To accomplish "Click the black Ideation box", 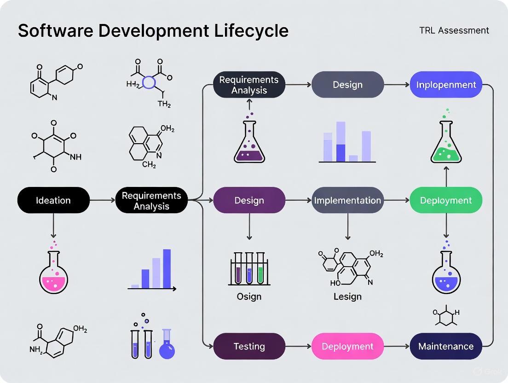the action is coord(53,200).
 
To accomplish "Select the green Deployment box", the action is coord(446,200).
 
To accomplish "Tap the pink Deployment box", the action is coord(347,346).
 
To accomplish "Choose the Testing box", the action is coord(249,346).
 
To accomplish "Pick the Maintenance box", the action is coord(446,346).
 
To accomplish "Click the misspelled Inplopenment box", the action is coord(446,85).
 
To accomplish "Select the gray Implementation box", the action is coord(347,200).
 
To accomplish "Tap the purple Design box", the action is coord(249,200).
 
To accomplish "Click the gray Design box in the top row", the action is coord(347,85).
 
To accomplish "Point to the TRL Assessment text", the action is coord(454,30).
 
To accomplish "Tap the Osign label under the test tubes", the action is coord(249,296).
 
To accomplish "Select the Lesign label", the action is coord(347,296).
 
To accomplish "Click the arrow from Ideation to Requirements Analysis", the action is coord(102,200).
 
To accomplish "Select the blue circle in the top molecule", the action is coord(150,82).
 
